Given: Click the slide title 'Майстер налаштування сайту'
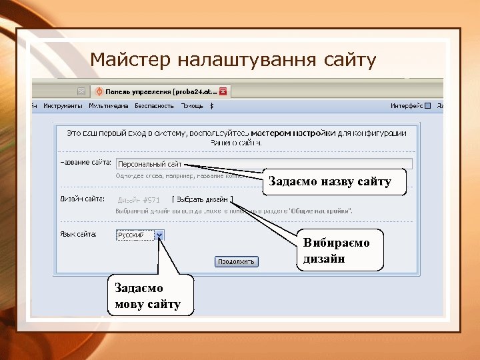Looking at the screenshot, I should pos(233,61).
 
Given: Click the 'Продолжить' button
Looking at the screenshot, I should pos(236,262).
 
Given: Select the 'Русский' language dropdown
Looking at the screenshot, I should pos(135,235).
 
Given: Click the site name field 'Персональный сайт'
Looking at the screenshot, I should pos(264,163).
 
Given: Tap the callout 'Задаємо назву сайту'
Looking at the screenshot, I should pos(334,181).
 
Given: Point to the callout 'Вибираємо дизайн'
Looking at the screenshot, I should pos(340,250).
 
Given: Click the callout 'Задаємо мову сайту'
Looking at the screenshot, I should pos(147,296).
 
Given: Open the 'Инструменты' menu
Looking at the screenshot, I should pos(63,106).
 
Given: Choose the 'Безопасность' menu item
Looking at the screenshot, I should pos(154,106).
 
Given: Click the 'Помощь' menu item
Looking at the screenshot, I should pos(193,106).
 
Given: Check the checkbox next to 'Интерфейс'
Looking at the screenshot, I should pos(428,106).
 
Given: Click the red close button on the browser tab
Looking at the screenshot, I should pos(223,91).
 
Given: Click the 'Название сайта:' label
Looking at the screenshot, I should pos(85,163).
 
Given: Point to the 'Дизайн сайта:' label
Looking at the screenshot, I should pos(83,199).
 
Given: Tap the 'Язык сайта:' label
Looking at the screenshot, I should pos(79,234).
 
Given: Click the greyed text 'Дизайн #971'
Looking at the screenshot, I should pos(139,200).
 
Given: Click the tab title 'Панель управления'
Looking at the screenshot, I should pos(160,91).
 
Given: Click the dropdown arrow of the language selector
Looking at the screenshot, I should pos(159,235).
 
